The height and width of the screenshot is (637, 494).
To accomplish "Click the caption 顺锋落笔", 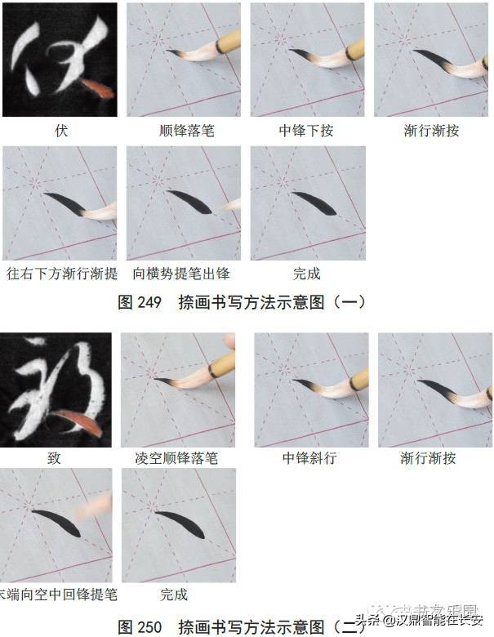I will pos(186,131).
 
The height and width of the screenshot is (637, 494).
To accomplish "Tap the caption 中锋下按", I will pos(306,131).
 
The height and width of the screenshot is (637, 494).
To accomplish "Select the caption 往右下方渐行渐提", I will pos(61,274).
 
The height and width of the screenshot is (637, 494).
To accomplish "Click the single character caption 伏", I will pos(60,131).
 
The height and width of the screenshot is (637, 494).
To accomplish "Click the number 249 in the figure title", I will pos(150,302).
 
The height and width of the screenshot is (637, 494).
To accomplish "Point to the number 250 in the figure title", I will pos(150,627).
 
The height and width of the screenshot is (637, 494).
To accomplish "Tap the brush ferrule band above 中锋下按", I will pos(354,48).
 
